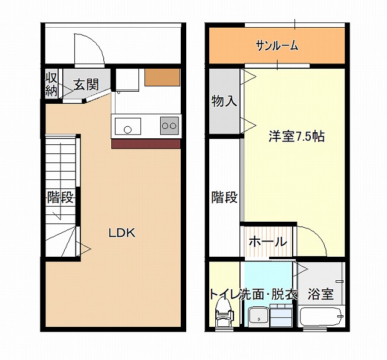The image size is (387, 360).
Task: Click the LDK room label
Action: point(122,233)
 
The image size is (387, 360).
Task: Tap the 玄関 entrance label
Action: point(86,85)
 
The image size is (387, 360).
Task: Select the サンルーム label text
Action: point(277,46)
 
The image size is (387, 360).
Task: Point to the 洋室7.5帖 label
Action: point(296,136)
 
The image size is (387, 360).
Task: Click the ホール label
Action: point(268,242)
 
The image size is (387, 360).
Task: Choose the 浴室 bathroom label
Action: point(320,294)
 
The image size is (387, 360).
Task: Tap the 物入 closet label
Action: point(224,101)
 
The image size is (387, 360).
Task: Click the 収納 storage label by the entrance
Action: point(51,85)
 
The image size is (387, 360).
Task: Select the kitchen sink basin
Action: point(128,126)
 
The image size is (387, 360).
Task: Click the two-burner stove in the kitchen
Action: point(169,126)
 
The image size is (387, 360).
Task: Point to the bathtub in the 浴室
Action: point(321,317)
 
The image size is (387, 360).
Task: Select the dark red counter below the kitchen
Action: point(146,144)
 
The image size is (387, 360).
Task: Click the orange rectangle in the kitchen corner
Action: point(162,77)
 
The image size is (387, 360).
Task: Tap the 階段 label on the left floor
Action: point(60,198)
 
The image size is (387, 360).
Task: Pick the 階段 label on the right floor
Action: point(224,197)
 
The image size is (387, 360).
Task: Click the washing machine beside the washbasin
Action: point(281,315)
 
